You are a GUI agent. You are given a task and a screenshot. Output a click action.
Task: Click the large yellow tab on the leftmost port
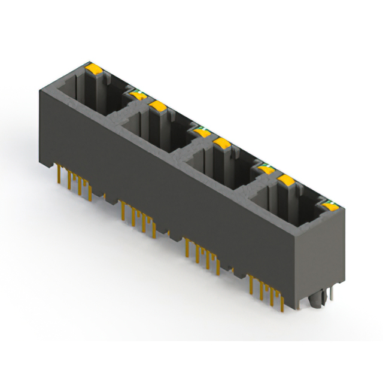(x=94, y=69)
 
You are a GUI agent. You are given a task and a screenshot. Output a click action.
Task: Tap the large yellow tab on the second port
(x=158, y=106)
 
